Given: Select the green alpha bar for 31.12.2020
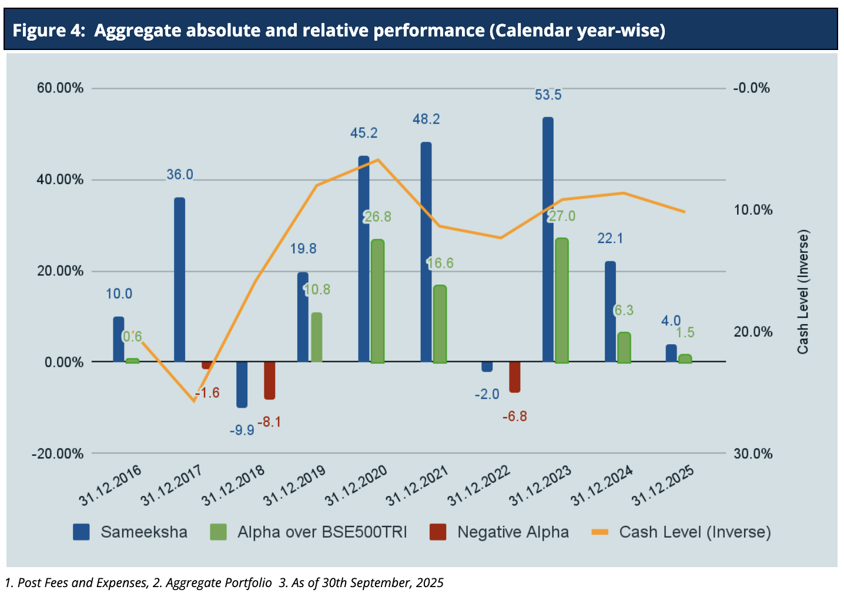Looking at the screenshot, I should pos(377,301).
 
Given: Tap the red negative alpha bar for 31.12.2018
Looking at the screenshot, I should pos(269,381).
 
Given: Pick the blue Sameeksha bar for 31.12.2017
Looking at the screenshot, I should pos(179,280).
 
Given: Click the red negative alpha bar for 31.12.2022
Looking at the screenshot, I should pos(514,377).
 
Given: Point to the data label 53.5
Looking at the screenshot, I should pos(548,95).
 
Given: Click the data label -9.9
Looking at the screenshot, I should pos(242,431).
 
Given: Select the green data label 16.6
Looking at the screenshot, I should pos(440,263).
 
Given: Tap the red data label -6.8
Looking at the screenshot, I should pos(514,417).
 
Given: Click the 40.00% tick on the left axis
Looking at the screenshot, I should pos(61,180).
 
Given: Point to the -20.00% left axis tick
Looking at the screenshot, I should pos(58,454).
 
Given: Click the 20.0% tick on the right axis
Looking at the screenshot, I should pos(753,332).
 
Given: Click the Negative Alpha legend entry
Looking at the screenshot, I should pos(513,532).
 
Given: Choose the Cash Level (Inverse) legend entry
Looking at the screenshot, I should pos(694,532).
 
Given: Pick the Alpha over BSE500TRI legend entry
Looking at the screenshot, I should pos(321,532).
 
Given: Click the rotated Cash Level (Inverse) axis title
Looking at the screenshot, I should pos(803,292).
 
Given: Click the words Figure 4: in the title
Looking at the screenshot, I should pos(49,30).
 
